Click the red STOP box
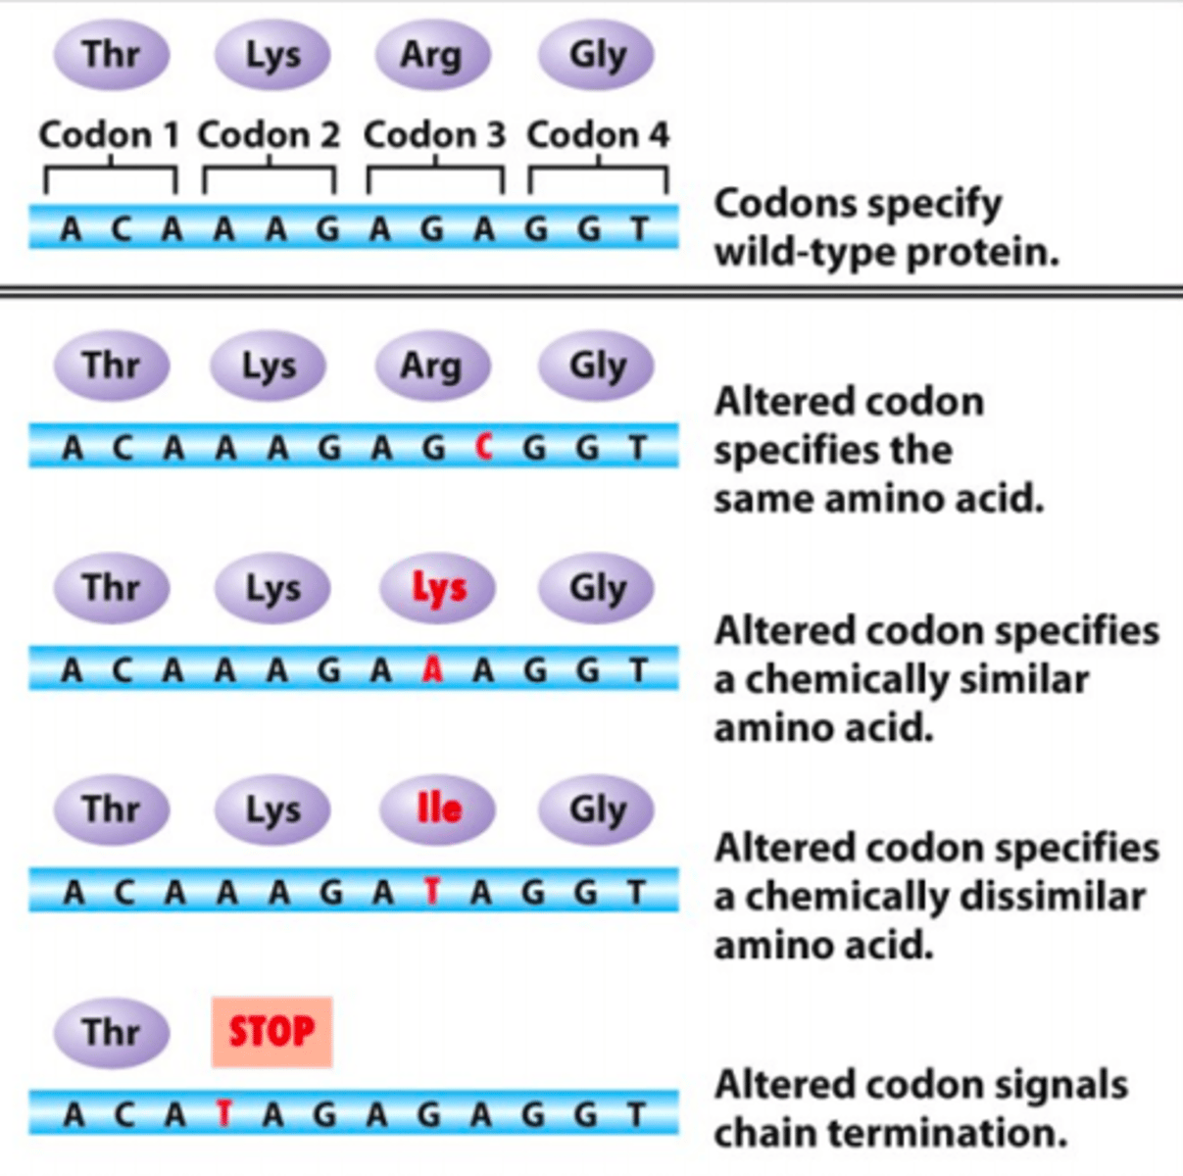tap(271, 1032)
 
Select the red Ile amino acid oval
tap(437, 809)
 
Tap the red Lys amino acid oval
tap(437, 588)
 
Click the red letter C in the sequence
tap(482, 448)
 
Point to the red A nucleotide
tap(431, 670)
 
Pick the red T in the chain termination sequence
tap(224, 1114)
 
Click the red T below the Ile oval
tap(431, 892)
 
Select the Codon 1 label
tap(109, 134)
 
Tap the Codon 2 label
tap(269, 134)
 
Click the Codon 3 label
tap(434, 134)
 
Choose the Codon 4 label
tap(598, 134)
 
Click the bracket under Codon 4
tap(598, 176)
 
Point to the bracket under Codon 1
tap(110, 176)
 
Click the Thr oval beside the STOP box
tap(111, 1032)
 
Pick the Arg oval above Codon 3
tap(430, 55)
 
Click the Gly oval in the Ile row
tap(597, 809)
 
